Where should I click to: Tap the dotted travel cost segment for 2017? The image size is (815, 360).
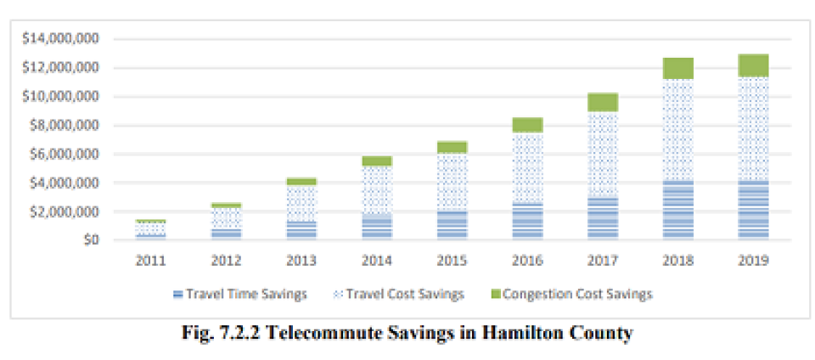click(604, 154)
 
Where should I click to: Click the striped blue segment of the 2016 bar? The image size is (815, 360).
click(528, 221)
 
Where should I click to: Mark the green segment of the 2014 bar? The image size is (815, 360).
click(377, 161)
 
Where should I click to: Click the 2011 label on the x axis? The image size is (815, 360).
click(150, 261)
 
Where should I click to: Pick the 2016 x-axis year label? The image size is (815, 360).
click(528, 261)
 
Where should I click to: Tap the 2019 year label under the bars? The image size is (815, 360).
click(753, 261)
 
